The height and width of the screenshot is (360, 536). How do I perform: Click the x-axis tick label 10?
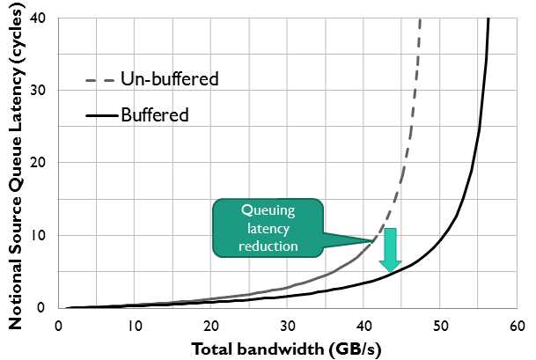(134, 325)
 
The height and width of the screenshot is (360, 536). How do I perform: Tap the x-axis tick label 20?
(210, 325)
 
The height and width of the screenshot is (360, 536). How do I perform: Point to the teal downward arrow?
(390, 249)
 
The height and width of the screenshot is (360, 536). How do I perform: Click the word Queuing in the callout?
(268, 210)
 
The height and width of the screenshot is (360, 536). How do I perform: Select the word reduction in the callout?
(268, 246)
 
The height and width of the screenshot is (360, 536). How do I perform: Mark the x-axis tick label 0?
(57, 325)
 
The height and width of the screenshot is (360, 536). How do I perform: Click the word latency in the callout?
(268, 229)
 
